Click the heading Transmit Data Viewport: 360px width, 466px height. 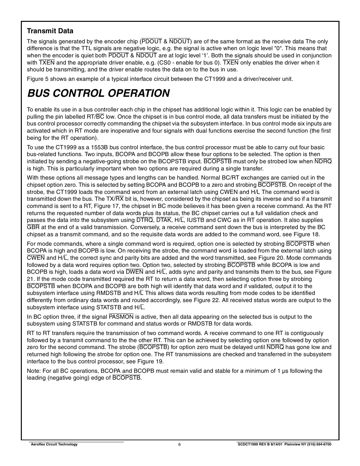(x=50, y=31)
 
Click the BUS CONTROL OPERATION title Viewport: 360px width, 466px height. (x=98, y=93)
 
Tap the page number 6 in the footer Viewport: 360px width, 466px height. (x=180, y=444)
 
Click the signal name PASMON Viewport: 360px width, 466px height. (x=121, y=317)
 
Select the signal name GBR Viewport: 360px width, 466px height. (x=33, y=227)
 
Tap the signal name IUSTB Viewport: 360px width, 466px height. (x=195, y=220)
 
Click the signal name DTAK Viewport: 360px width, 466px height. (x=164, y=220)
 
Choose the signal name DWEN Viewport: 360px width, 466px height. (x=134, y=272)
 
